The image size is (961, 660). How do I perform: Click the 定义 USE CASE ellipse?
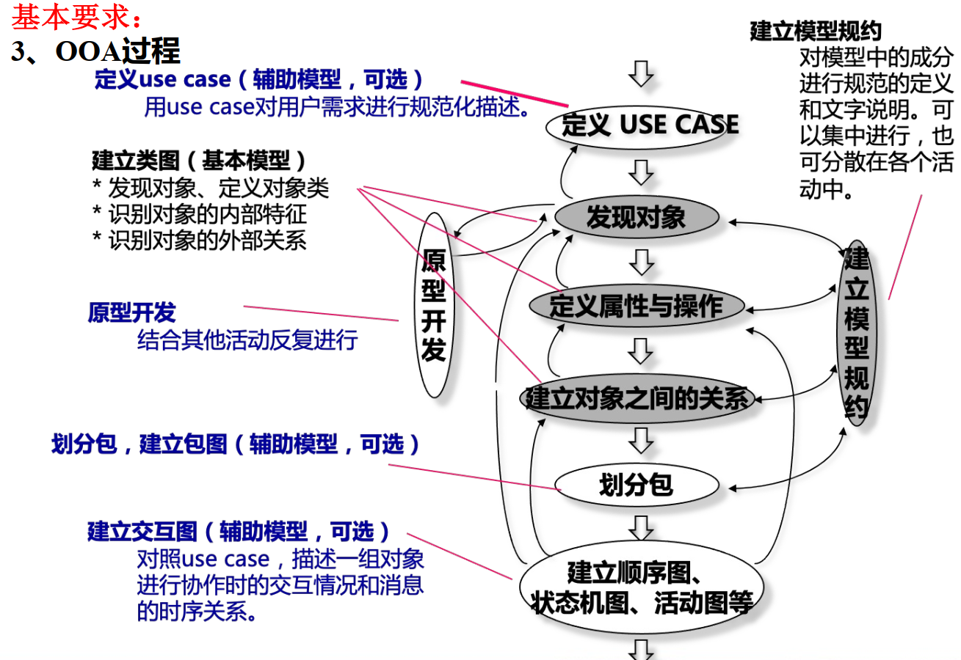click(643, 125)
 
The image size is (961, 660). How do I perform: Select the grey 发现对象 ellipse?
click(636, 217)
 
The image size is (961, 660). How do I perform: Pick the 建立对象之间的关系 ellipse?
click(636, 399)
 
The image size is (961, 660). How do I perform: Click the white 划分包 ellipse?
click(636, 485)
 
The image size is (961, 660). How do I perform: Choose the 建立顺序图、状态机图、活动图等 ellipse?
click(641, 587)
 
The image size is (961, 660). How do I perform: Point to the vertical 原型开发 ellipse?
click(435, 305)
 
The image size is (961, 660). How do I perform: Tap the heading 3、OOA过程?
click(95, 52)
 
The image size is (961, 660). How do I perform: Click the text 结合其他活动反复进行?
click(247, 340)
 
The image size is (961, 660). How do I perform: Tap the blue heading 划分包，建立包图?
click(236, 444)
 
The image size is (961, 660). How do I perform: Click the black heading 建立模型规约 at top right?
click(815, 31)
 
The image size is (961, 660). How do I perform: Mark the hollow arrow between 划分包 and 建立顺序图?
click(642, 527)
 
